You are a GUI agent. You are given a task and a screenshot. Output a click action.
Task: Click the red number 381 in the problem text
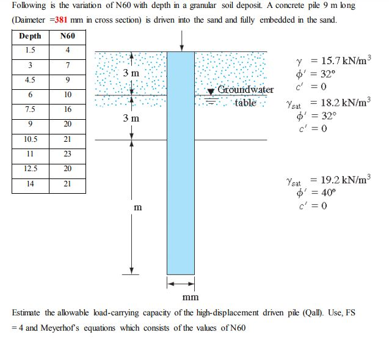tap(62, 20)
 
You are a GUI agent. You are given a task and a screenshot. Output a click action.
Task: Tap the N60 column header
tap(68, 36)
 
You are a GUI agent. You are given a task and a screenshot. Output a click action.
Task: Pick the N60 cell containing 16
tap(68, 109)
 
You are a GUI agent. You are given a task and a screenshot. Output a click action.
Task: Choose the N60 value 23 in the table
tap(68, 153)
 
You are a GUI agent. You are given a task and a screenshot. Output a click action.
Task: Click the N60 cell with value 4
tap(68, 50)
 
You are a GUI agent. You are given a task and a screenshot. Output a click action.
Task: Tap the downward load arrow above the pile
tap(182, 40)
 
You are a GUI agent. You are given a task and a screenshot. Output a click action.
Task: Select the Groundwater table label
tap(245, 96)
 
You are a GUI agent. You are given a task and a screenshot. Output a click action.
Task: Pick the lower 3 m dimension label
tap(131, 117)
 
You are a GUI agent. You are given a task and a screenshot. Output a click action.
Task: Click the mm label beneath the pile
tap(191, 297)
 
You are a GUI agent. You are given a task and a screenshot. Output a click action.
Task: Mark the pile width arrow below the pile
tap(181, 284)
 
